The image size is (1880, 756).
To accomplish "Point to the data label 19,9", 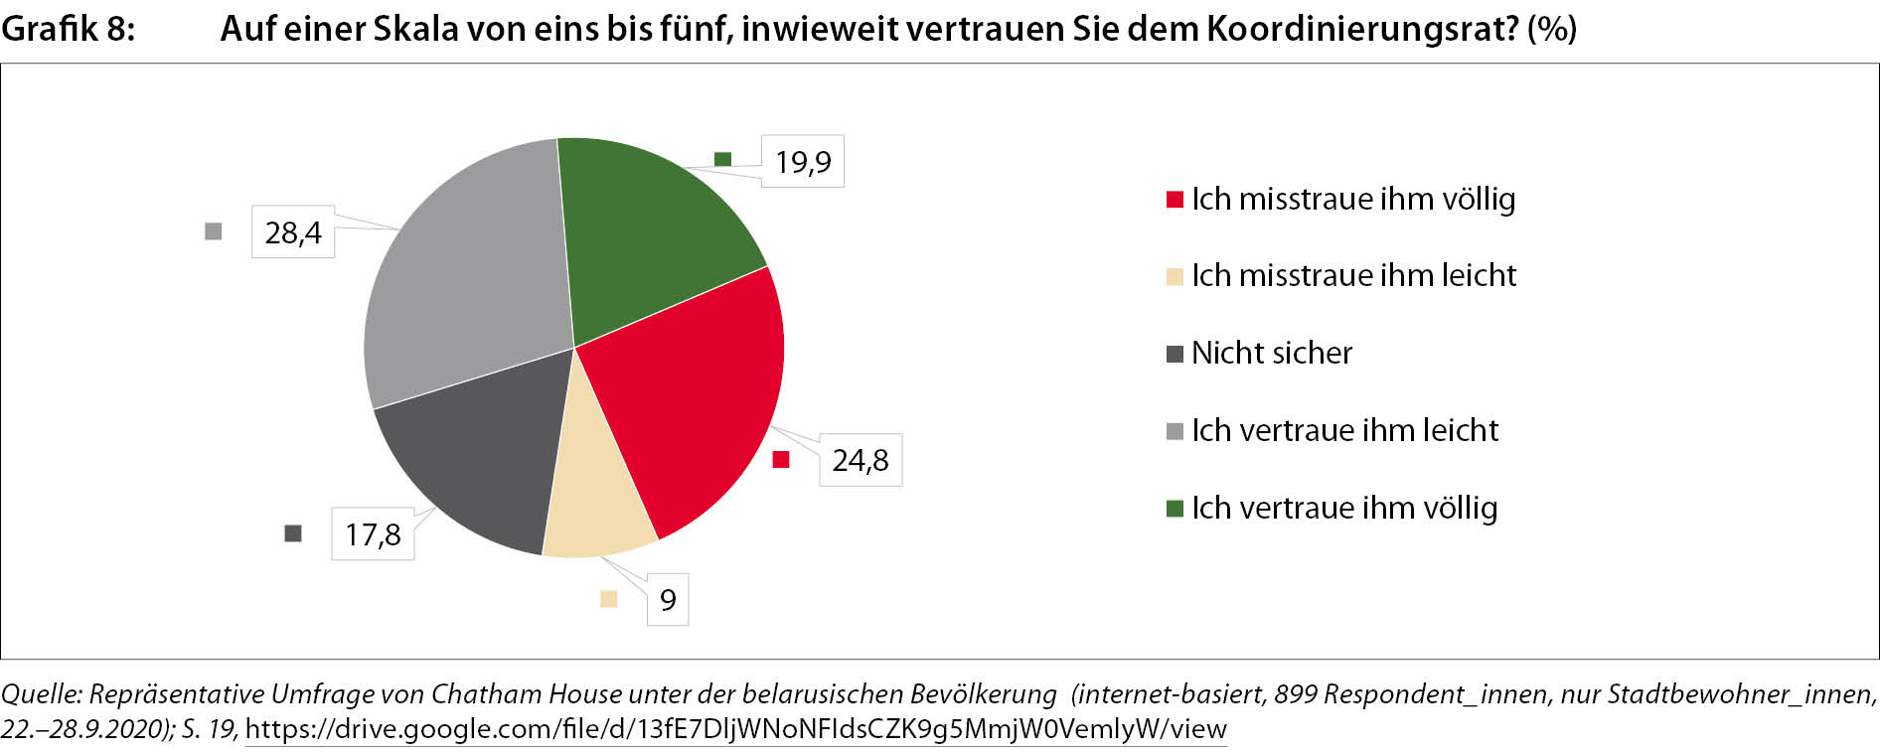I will (x=803, y=162).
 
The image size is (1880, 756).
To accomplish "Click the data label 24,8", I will (x=861, y=460).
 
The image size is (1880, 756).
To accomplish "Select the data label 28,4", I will (x=293, y=232).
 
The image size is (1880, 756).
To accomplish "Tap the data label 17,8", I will (x=373, y=534).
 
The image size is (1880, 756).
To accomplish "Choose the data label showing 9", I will (x=668, y=600).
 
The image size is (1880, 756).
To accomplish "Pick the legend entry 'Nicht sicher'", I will (x=1272, y=353).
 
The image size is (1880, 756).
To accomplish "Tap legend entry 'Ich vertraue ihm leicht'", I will (x=1344, y=430).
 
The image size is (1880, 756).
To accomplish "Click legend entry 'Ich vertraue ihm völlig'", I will (x=1344, y=508).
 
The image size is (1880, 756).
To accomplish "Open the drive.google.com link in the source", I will (x=735, y=729).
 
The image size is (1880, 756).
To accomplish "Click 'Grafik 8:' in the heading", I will (x=68, y=29).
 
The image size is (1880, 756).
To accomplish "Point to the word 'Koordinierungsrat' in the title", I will (x=1361, y=29).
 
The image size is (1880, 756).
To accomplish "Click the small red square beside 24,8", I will (x=781, y=459).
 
